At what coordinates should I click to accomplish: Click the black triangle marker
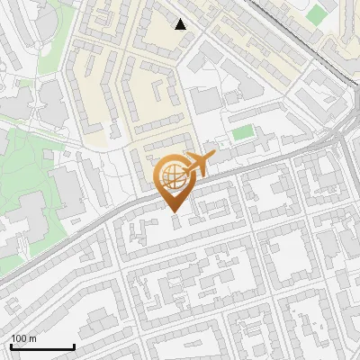(x=181, y=24)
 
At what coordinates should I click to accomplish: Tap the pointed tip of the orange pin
(x=175, y=212)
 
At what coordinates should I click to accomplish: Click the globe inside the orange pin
(x=172, y=176)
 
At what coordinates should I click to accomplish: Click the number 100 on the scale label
(x=19, y=339)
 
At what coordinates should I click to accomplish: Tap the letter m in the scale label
(x=32, y=339)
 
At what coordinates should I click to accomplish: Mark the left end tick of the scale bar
(x=11, y=346)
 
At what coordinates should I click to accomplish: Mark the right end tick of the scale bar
(x=74, y=346)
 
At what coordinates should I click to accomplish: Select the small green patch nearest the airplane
(x=242, y=133)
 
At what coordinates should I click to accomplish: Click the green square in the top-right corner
(x=315, y=14)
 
